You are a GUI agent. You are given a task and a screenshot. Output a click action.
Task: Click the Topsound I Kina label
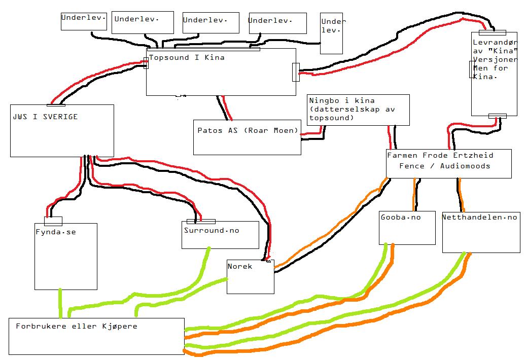187,57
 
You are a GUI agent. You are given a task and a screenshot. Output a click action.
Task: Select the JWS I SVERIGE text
45,117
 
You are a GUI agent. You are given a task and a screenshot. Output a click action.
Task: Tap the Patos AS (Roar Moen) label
248,130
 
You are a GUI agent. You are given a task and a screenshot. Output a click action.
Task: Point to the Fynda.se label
56,232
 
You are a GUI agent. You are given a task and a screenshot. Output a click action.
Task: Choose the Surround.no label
212,230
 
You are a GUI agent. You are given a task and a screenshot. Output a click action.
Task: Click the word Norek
239,267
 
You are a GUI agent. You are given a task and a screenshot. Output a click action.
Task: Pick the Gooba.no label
401,217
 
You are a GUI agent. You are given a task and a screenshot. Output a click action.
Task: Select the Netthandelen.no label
480,217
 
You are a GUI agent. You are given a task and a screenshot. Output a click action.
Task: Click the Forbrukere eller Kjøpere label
77,327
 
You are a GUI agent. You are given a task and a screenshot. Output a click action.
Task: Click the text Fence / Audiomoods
444,166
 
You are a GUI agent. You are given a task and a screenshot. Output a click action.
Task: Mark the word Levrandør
495,43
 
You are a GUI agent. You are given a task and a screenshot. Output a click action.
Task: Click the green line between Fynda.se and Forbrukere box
60,303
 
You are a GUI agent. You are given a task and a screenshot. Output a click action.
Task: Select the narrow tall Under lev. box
331,33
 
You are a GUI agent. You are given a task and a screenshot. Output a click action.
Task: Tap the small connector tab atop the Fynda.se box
53,221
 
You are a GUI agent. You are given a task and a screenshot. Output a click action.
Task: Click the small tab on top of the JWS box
56,105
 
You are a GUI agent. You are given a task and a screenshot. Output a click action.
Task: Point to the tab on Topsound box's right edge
296,72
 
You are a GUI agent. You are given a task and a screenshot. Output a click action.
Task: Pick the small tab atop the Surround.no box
201,222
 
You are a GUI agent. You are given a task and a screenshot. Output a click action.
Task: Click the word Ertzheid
473,155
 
